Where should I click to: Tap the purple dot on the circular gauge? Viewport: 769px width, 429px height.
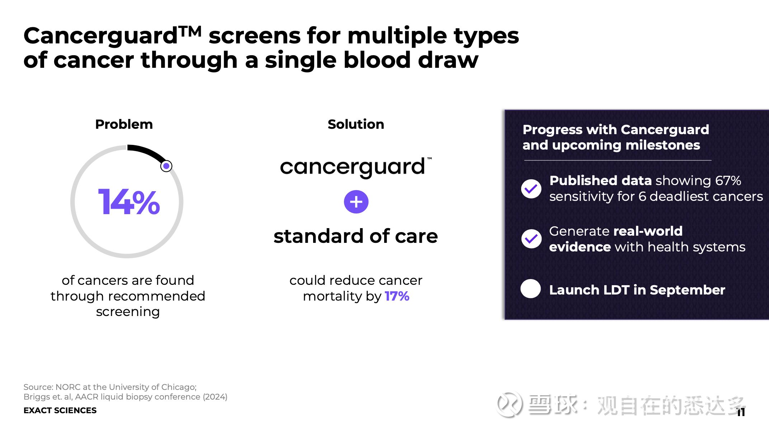(166, 166)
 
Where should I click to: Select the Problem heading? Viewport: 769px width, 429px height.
(124, 124)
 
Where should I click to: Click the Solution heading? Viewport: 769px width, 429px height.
(356, 124)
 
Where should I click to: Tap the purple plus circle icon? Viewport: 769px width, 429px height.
(356, 202)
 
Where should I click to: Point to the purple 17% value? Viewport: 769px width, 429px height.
(397, 296)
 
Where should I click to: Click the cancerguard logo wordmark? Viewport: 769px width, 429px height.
(356, 167)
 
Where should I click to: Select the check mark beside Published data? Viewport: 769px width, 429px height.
(531, 189)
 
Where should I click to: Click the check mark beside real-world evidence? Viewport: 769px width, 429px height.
(531, 239)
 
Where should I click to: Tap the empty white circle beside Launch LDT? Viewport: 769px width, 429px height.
(531, 289)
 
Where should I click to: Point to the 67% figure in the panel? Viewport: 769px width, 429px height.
(728, 180)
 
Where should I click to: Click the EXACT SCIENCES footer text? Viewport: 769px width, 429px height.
(60, 410)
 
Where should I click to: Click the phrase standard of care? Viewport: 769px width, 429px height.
(356, 236)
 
